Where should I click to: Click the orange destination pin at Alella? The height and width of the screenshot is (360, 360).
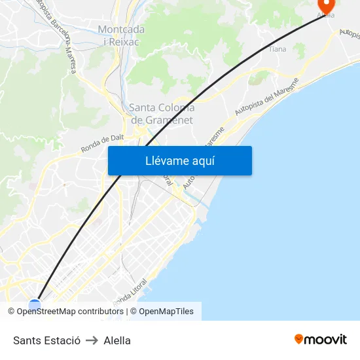point(325,6)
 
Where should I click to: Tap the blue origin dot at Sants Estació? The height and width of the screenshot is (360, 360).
point(35,304)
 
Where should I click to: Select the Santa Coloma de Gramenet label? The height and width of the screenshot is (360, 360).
point(162,114)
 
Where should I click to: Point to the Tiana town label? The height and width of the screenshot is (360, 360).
point(278,49)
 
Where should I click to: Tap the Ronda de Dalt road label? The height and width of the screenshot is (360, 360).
point(102,141)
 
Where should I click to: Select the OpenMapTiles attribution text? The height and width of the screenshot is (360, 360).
point(166,312)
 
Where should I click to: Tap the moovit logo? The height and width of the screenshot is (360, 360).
point(320,340)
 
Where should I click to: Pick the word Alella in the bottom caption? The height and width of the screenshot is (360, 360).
point(117,340)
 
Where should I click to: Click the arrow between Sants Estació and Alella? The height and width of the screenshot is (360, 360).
point(92,340)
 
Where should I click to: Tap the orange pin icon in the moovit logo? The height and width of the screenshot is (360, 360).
point(298,339)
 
